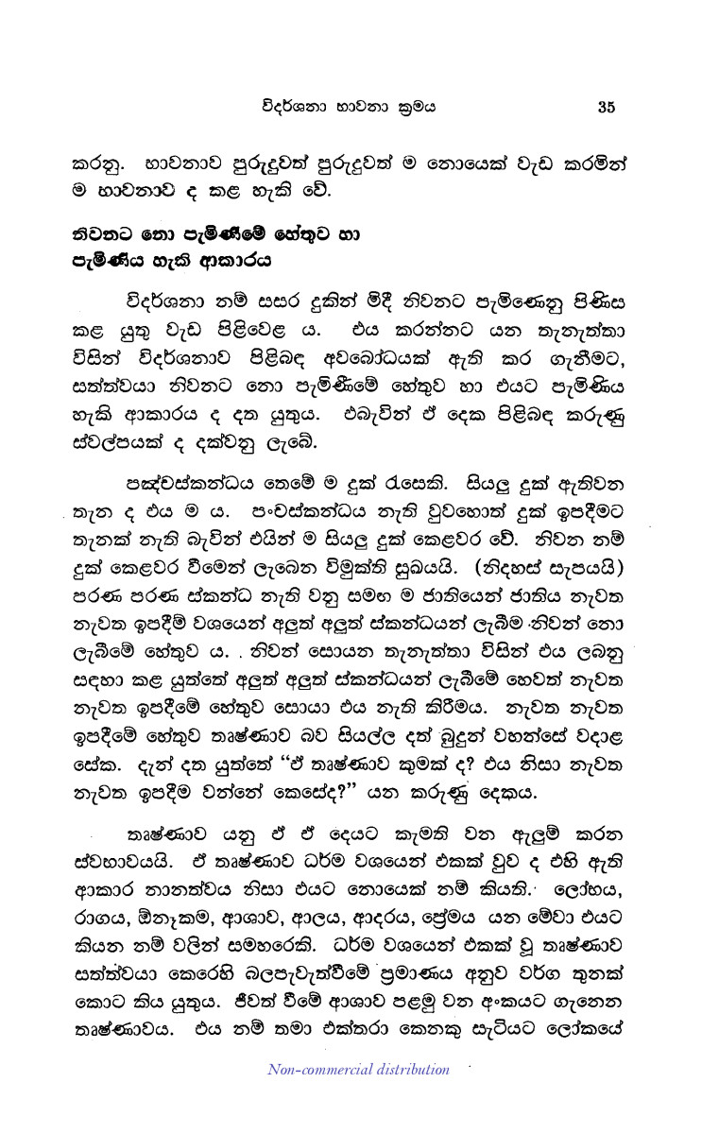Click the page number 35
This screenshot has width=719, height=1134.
[x=606, y=107]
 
